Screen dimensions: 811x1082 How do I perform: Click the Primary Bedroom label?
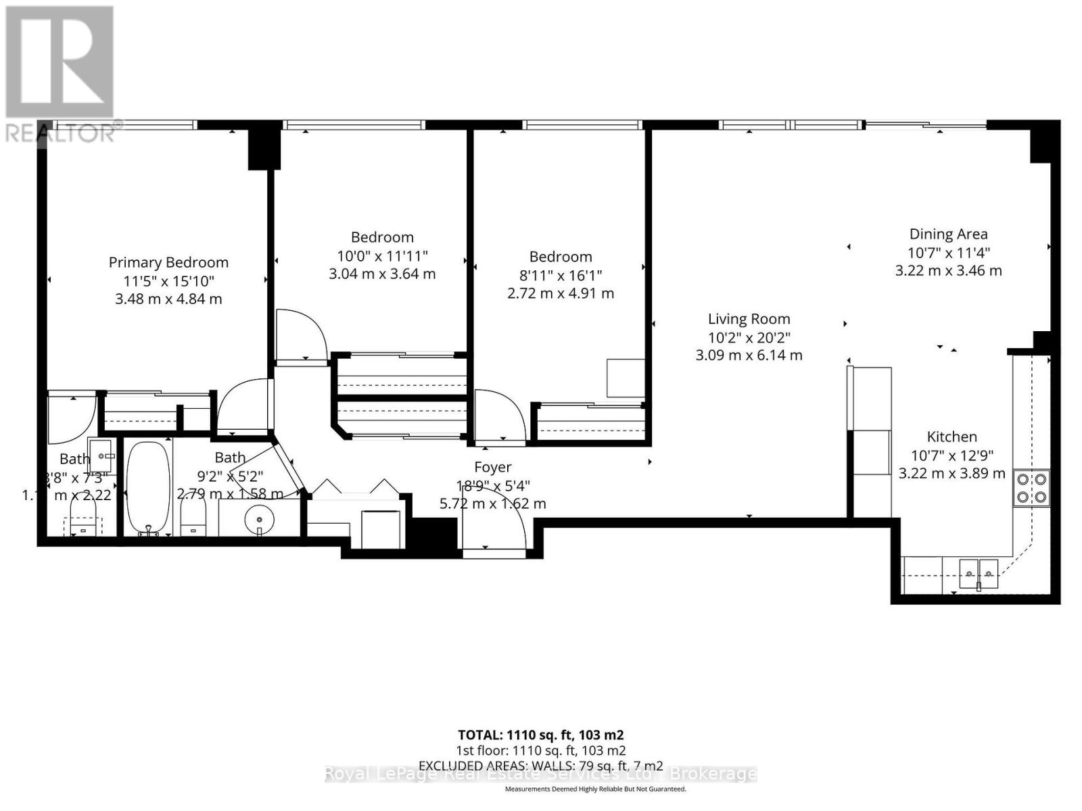pos(168,262)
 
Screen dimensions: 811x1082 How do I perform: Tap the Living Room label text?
pos(749,319)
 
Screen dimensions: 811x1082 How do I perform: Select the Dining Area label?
pos(948,234)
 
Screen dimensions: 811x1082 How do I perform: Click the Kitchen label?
pos(951,437)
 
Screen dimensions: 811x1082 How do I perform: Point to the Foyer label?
pos(492,467)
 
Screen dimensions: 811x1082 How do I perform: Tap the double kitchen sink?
pos(979,574)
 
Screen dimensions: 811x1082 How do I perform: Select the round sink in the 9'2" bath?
pos(260,520)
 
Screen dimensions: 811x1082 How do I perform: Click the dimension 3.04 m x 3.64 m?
pos(382,274)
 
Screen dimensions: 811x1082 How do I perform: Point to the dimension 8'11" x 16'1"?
pos(561,275)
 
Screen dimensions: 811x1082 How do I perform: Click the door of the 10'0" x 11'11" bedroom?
pos(300,335)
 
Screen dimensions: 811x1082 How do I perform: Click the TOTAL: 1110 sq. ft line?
pos(540,735)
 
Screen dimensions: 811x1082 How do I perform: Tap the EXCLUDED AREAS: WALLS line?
pos(540,766)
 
